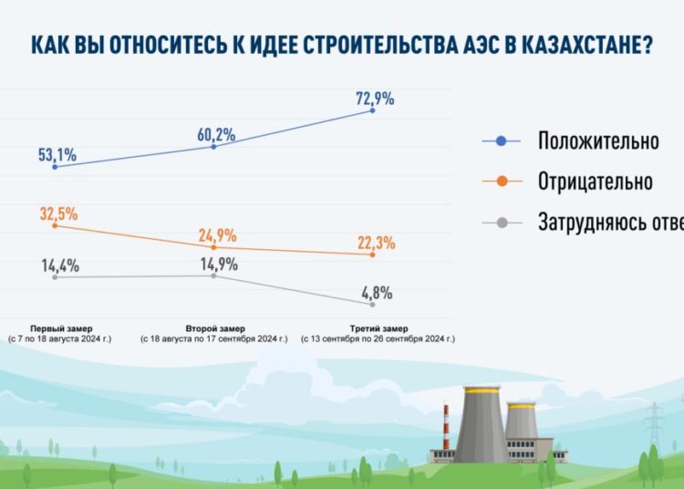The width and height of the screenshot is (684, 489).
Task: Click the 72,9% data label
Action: coord(374,99)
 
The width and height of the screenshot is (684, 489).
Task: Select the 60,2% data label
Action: coord(216,135)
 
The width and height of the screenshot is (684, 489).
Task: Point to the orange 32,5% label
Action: coord(58,214)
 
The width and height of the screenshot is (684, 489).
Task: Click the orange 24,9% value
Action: coord(217,235)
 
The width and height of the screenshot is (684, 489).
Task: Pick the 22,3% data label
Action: coord(375,243)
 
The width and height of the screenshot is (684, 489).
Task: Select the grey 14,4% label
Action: coord(58,266)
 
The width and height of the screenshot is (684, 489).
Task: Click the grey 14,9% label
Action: coord(217,265)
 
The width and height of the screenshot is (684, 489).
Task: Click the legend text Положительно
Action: coord(597,141)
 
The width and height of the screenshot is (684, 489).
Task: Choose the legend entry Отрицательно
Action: coord(595,182)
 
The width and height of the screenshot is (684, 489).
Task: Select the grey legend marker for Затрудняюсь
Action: coord(501,222)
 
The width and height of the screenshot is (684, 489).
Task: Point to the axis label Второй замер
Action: coord(213,328)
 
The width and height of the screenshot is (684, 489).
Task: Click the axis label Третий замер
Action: coord(378,328)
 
